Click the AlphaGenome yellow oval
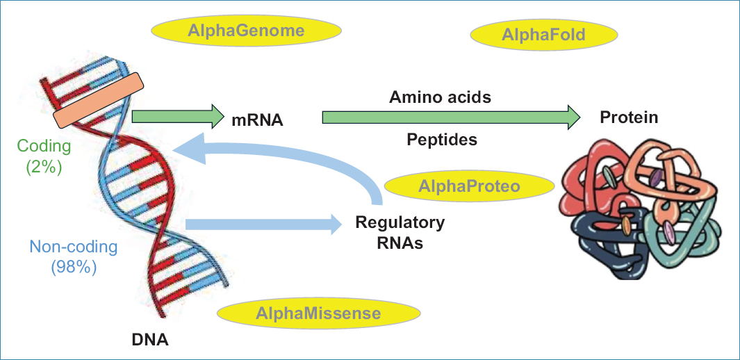click(246, 31)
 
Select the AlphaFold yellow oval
click(544, 35)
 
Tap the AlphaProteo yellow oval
click(469, 186)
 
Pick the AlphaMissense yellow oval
click(318, 313)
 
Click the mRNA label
click(257, 120)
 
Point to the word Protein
click(629, 117)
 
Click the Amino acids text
click(440, 97)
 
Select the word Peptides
click(442, 140)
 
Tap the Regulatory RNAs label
click(400, 233)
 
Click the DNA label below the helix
click(150, 341)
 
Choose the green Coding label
click(44, 146)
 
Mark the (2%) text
click(44, 167)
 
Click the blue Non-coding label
click(73, 246)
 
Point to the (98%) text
click(73, 267)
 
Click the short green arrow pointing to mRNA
click(174, 117)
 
